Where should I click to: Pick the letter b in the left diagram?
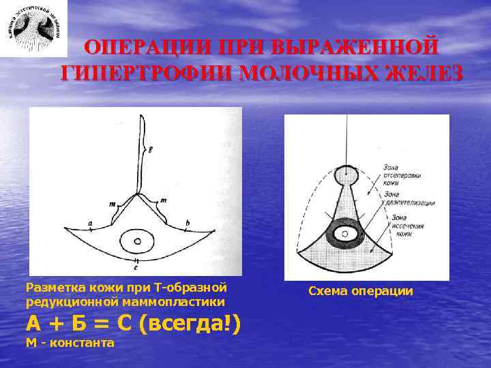click(x=187, y=221)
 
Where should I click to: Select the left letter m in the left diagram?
click(x=112, y=202)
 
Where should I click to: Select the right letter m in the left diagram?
click(x=164, y=199)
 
